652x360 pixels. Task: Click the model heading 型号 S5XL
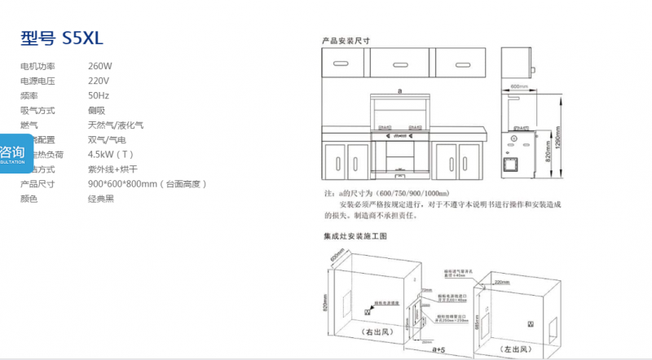pos(62,37)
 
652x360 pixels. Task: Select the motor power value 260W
pos(100,66)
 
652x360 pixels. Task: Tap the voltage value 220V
pos(99,81)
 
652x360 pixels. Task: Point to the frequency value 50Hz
pos(99,95)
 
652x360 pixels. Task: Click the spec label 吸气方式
pos(37,110)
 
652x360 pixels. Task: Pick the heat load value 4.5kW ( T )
pos(111,155)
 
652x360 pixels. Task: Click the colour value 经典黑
pos(101,199)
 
